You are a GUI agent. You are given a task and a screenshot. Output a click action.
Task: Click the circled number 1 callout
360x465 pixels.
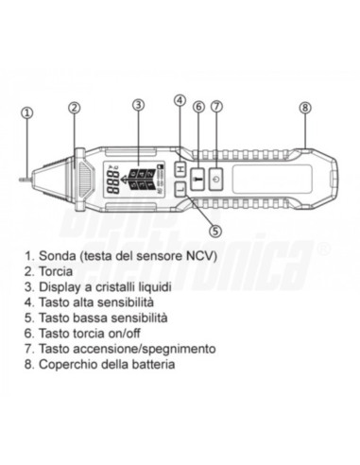coord(26,112)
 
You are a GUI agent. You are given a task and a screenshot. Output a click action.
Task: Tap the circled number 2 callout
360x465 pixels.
coord(74,107)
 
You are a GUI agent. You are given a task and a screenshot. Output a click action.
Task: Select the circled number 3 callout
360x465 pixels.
coord(139,104)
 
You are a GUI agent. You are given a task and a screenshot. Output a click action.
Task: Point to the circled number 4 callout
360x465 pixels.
coord(180,102)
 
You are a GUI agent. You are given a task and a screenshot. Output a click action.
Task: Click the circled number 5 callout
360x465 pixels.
coord(214,228)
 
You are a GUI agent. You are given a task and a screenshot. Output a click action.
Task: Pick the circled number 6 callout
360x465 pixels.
coord(198,107)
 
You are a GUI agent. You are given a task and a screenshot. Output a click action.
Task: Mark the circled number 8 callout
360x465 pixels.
coord(304,107)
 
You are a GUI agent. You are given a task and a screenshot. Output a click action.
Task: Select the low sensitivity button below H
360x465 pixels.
coord(180,188)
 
